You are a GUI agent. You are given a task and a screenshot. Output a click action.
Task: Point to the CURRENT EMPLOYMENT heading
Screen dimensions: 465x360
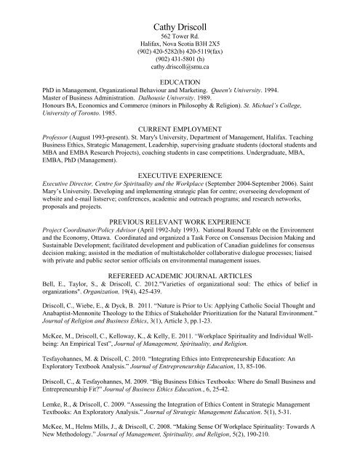tap(180, 146)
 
